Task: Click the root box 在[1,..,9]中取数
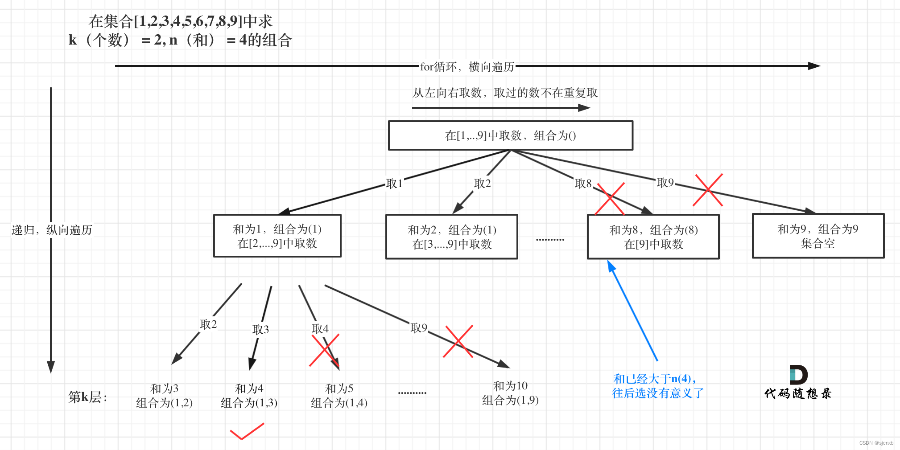coord(510,135)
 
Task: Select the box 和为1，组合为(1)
coord(277,236)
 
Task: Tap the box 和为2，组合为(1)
coord(451,237)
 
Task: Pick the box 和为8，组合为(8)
coord(653,237)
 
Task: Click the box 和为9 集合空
coord(817,236)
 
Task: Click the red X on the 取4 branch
coord(324,350)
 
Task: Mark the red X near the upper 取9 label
coord(708,190)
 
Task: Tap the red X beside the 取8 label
coord(610,199)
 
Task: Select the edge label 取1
coord(394,184)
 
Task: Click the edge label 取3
coord(260,329)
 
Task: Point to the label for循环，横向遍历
coord(467,67)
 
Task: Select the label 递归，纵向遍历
coord(52,230)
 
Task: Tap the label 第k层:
coord(87,397)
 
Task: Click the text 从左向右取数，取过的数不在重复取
coord(504,93)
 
